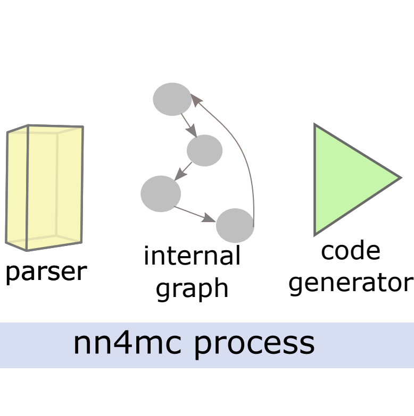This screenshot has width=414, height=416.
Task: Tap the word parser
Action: tap(45, 272)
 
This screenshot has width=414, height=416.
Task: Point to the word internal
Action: tap(192, 256)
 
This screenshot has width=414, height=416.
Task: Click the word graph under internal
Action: tap(192, 288)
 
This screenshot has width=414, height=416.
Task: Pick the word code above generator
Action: tap(351, 251)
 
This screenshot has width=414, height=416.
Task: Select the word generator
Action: tap(351, 282)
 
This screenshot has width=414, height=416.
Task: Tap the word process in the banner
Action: tap(253, 344)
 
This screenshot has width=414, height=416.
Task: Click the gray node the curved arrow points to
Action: tap(172, 99)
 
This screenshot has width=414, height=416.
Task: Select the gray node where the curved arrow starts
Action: tap(235, 225)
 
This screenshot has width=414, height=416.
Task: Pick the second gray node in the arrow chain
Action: tap(204, 150)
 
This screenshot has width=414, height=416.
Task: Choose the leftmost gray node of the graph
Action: tap(161, 193)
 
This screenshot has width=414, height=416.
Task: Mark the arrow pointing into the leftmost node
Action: tap(184, 171)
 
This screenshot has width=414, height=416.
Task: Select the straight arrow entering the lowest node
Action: tap(195, 213)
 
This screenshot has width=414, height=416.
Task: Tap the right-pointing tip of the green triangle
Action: tap(398, 178)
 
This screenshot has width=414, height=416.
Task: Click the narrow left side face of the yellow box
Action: tap(16, 189)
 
